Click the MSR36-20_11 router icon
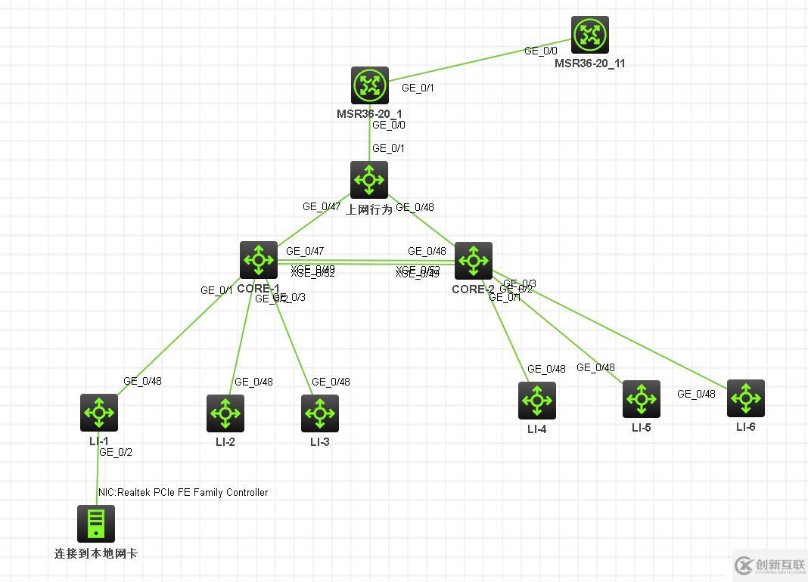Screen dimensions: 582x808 pos(589,35)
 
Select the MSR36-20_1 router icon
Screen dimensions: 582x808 pos(369,85)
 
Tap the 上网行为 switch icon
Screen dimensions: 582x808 pos(369,180)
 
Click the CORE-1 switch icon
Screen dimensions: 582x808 pos(259,260)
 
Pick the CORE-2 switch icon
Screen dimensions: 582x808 pos(474,261)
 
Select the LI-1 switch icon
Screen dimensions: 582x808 pos(99,413)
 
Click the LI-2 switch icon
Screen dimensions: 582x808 pos(225,413)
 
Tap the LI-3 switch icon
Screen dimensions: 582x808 pos(320,413)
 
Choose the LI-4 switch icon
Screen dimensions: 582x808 pos(537,401)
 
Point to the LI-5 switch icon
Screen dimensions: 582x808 pos(642,399)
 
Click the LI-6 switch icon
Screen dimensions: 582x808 pos(746,398)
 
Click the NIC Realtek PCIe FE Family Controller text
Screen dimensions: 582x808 pos(183,492)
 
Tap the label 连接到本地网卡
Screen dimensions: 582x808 pos(96,553)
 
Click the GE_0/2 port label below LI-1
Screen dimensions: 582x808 pos(116,452)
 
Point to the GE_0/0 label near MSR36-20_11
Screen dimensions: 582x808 pos(541,51)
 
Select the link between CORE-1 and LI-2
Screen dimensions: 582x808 pos(241,340)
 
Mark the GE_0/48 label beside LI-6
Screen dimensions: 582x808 pos(696,394)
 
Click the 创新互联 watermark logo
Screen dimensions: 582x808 pos(767,565)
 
